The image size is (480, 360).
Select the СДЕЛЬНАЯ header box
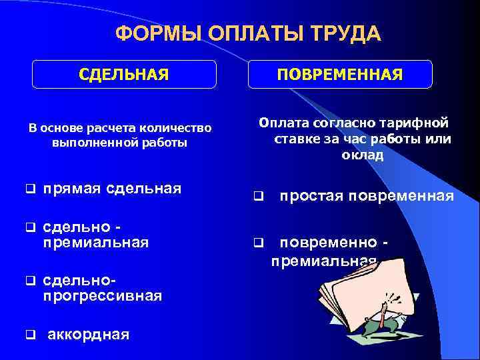[x=124, y=73]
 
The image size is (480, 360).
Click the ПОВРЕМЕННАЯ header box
[x=340, y=73]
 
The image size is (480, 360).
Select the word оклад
[x=363, y=155]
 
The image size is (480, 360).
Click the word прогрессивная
[x=102, y=295]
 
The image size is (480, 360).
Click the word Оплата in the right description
[x=285, y=123]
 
